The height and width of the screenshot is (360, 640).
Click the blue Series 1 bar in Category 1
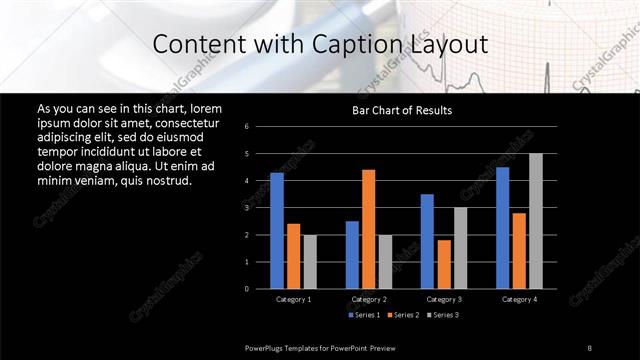277,230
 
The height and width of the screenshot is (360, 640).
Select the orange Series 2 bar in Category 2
368,229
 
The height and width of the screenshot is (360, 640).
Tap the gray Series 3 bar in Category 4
536,221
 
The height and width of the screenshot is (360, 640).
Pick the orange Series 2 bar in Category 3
443,264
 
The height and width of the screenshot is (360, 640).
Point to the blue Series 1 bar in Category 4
502,228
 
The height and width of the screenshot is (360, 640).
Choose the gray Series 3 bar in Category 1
310,262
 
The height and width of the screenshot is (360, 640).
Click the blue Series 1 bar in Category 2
352,255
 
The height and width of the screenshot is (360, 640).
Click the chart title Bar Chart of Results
402,109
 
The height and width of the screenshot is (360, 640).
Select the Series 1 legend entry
364,315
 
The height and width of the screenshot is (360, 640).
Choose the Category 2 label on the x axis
369,299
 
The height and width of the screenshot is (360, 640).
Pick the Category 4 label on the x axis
519,299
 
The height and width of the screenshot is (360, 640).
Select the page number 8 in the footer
589,347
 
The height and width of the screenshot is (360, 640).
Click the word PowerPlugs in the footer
266,347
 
